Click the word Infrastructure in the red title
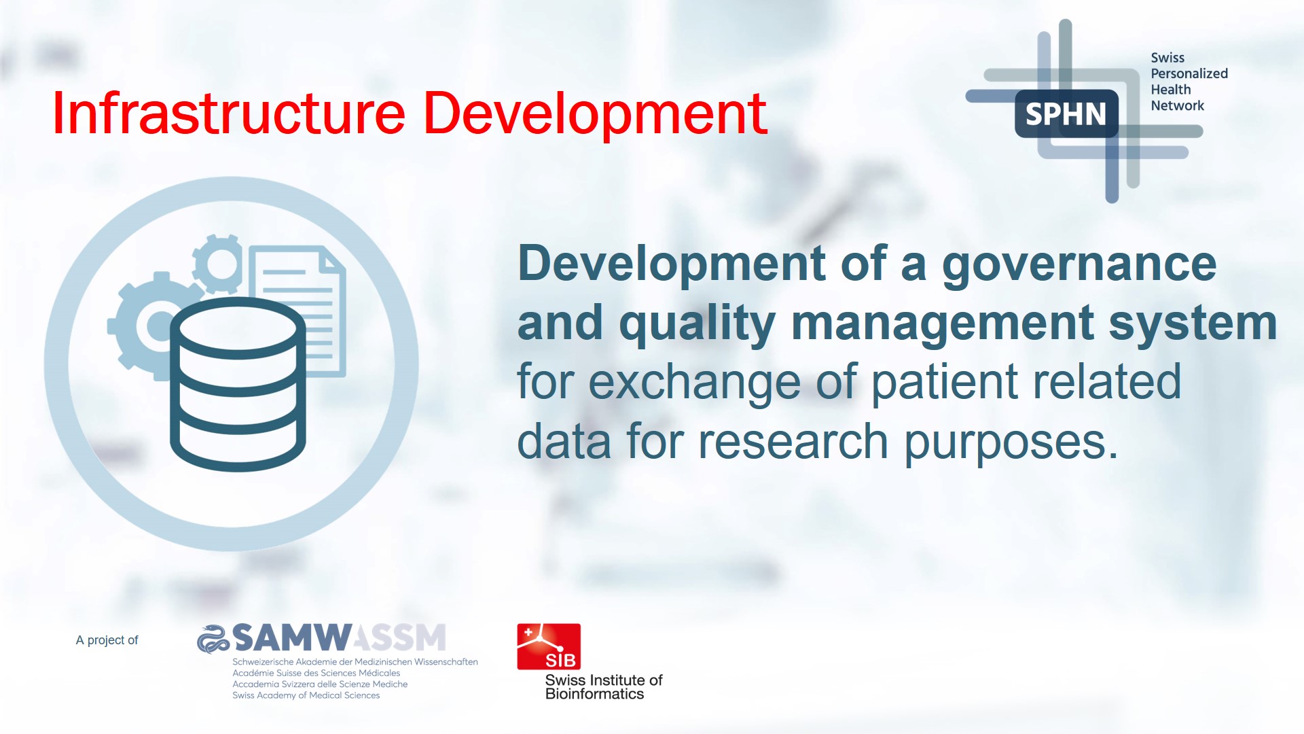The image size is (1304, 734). [229, 113]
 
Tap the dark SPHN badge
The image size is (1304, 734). [1066, 113]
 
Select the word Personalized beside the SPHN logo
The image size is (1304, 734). [1189, 73]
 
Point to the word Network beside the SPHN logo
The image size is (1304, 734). [1177, 105]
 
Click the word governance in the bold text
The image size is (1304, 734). [1079, 265]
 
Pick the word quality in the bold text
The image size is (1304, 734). [697, 324]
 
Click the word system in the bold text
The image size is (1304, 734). [1193, 324]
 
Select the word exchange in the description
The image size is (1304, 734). [694, 382]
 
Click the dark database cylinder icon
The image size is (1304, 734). [238, 384]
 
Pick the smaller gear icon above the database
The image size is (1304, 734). [219, 263]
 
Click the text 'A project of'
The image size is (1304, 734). [107, 640]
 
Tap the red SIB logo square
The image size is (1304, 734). [549, 646]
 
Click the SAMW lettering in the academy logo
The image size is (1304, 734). [292, 638]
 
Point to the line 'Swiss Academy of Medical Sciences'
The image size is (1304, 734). [306, 695]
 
